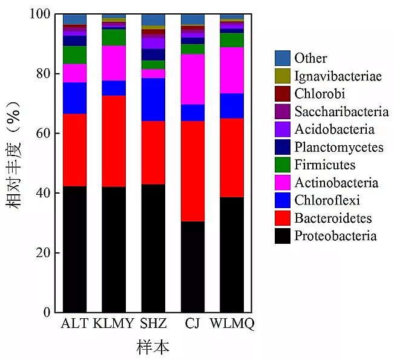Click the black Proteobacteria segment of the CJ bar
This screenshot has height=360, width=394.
pos(192,266)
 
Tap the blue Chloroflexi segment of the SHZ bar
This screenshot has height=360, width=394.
pos(153,100)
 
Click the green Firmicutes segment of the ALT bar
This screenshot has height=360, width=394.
pos(74,55)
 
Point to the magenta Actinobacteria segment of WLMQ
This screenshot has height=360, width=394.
pos(232,70)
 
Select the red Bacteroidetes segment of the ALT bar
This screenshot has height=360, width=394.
pos(74,150)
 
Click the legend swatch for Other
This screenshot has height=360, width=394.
pos(282,59)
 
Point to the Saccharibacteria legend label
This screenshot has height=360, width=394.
pos(341,111)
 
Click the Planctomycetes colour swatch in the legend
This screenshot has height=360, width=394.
pos(282,147)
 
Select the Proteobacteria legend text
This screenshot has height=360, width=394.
pos(335,236)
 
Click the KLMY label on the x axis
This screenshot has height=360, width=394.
pos(113,323)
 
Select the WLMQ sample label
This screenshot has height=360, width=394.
pos(232,323)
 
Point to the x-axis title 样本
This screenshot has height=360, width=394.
pos(153,347)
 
